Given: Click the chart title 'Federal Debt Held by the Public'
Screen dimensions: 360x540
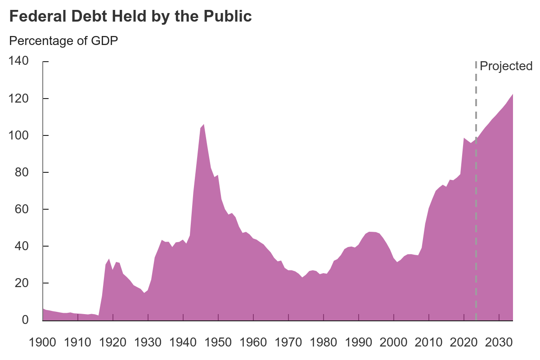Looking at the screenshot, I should coord(130,17).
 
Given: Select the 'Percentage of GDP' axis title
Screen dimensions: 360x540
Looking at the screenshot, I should coord(63,41).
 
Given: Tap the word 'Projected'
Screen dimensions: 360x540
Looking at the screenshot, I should coord(506,66).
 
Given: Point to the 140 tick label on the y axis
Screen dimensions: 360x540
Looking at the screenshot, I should coord(19,61).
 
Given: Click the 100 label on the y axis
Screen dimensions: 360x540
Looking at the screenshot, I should coord(19,135).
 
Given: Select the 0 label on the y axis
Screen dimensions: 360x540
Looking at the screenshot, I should coord(26,320).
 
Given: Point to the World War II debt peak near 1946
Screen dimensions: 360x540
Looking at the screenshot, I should coord(204,125).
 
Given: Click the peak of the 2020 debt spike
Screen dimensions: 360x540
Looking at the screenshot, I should coord(464,138).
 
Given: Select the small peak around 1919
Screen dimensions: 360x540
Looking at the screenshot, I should coord(109,259).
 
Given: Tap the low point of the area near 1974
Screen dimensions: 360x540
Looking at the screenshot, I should coord(302,277).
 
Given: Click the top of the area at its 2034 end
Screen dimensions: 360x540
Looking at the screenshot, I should coord(513,94).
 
